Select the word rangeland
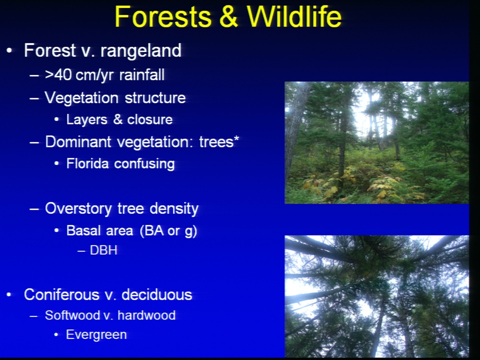coord(141,51)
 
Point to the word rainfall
coord(141,75)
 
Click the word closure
coord(149,119)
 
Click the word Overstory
coord(78,209)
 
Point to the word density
coord(174,209)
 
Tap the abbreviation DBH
coord(103,250)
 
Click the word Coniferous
coord(61,294)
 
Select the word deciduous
coord(156,294)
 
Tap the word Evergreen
coord(96,335)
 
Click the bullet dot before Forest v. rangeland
coord(9,50)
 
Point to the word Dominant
coord(78,142)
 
